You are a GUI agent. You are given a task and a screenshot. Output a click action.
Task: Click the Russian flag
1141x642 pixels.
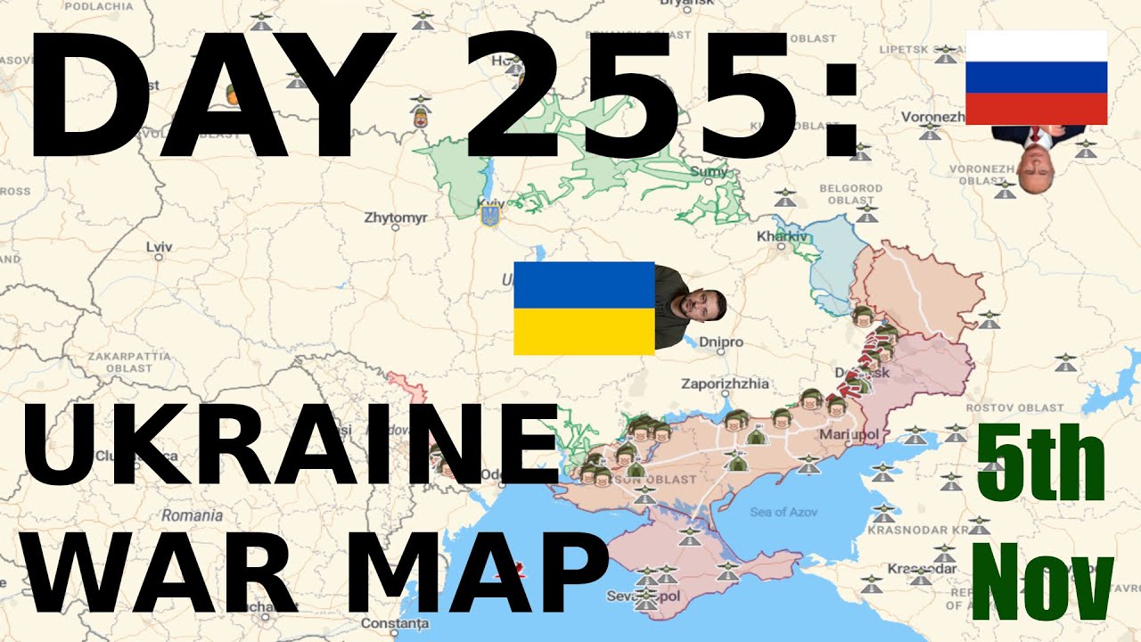click(1036, 78)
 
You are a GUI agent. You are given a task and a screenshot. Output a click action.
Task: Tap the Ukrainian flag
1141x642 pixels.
click(584, 309)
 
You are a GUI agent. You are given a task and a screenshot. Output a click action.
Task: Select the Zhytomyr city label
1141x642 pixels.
click(396, 218)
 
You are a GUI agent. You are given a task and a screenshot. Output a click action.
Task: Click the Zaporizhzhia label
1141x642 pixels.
click(724, 384)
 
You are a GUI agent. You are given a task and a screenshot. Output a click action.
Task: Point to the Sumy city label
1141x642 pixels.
click(710, 171)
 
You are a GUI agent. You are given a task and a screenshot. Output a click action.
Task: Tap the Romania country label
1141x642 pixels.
click(193, 515)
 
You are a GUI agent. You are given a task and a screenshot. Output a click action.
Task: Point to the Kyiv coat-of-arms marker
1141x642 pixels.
click(488, 215)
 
